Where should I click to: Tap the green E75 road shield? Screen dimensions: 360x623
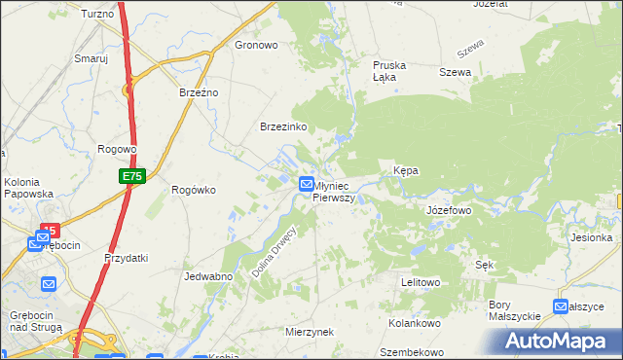[x=132, y=176]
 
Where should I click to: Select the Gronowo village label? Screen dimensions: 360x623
[x=257, y=45]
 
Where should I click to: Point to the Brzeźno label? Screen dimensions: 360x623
[x=200, y=91]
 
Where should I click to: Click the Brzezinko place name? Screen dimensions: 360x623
[x=283, y=127]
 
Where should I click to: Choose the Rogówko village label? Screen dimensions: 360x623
[x=193, y=190]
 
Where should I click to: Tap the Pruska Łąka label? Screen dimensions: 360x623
[x=389, y=72]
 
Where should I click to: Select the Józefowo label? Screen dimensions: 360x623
[x=449, y=210]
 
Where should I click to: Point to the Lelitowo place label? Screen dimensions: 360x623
[x=421, y=282]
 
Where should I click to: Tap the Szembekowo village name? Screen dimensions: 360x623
[x=412, y=352]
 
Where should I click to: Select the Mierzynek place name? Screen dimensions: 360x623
[x=310, y=331]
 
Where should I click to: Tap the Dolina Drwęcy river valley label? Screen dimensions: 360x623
[x=273, y=252]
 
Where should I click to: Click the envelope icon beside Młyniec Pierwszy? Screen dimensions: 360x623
[x=307, y=183]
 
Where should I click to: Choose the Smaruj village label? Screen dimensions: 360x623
[x=91, y=58]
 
